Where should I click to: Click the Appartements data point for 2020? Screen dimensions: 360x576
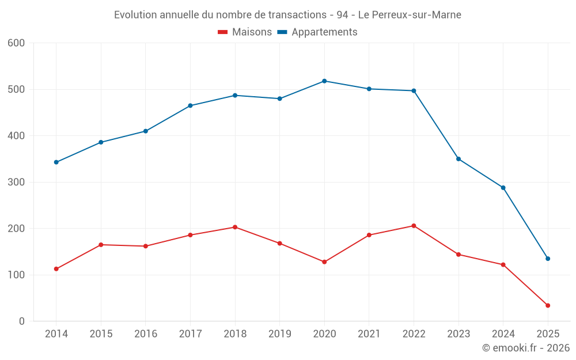click(324, 81)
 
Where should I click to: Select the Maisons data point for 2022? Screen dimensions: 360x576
click(414, 226)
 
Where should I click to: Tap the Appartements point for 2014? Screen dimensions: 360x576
click(56, 162)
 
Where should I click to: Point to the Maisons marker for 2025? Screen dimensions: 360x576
click(548, 305)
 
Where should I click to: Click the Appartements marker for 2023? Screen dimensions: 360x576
click(458, 159)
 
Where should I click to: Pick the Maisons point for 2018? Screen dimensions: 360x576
click(235, 227)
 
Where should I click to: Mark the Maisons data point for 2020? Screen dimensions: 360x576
click(324, 262)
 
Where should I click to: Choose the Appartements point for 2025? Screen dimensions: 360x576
click(548, 259)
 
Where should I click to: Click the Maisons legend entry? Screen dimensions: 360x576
click(245, 32)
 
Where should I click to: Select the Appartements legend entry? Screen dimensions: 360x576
click(317, 32)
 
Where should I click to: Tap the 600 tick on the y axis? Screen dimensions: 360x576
click(17, 43)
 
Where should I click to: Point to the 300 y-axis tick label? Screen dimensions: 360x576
click(17, 183)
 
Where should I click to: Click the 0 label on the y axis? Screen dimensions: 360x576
click(22, 321)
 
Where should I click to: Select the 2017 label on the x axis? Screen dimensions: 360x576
click(190, 334)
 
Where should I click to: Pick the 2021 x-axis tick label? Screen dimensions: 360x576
click(369, 334)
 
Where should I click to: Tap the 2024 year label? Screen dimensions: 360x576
click(503, 334)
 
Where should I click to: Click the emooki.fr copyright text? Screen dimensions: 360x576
click(526, 348)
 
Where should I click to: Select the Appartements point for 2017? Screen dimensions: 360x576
click(190, 106)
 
